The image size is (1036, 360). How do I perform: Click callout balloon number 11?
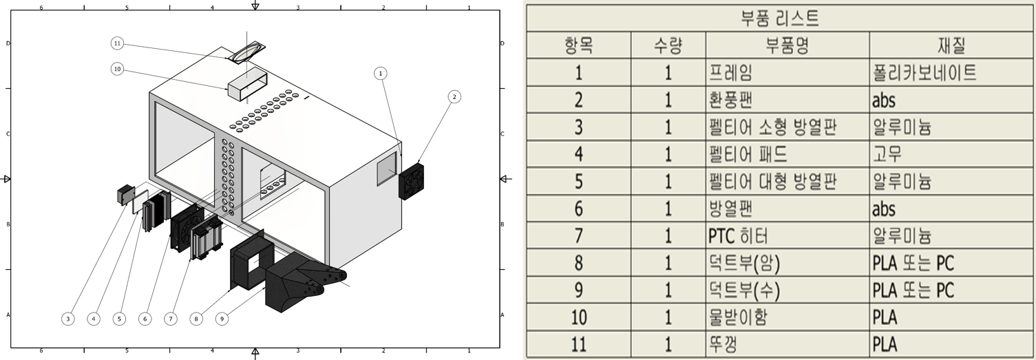pyautogui.click(x=118, y=43)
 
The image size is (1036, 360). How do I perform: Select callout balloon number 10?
pyautogui.click(x=118, y=70)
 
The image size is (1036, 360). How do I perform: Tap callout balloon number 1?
pyautogui.click(x=381, y=74)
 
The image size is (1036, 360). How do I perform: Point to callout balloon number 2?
pyautogui.click(x=454, y=96)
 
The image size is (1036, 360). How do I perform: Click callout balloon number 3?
pyautogui.click(x=68, y=319)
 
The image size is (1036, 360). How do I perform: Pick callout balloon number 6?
pyautogui.click(x=145, y=319)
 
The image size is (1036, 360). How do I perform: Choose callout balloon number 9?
pyautogui.click(x=222, y=319)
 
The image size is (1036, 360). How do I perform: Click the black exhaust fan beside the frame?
pyautogui.click(x=411, y=181)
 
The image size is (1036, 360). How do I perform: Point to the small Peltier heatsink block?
pyautogui.click(x=126, y=195)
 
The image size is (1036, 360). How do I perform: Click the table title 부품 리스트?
pyautogui.click(x=780, y=19)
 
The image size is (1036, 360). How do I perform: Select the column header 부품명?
pyautogui.click(x=787, y=45)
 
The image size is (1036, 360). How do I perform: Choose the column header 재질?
pyautogui.click(x=952, y=45)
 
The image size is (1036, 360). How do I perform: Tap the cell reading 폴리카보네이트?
pyautogui.click(x=924, y=73)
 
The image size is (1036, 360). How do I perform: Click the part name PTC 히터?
pyautogui.click(x=738, y=236)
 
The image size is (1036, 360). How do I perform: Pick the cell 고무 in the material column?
pyautogui.click(x=887, y=154)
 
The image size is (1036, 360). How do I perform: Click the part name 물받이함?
pyautogui.click(x=738, y=317)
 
